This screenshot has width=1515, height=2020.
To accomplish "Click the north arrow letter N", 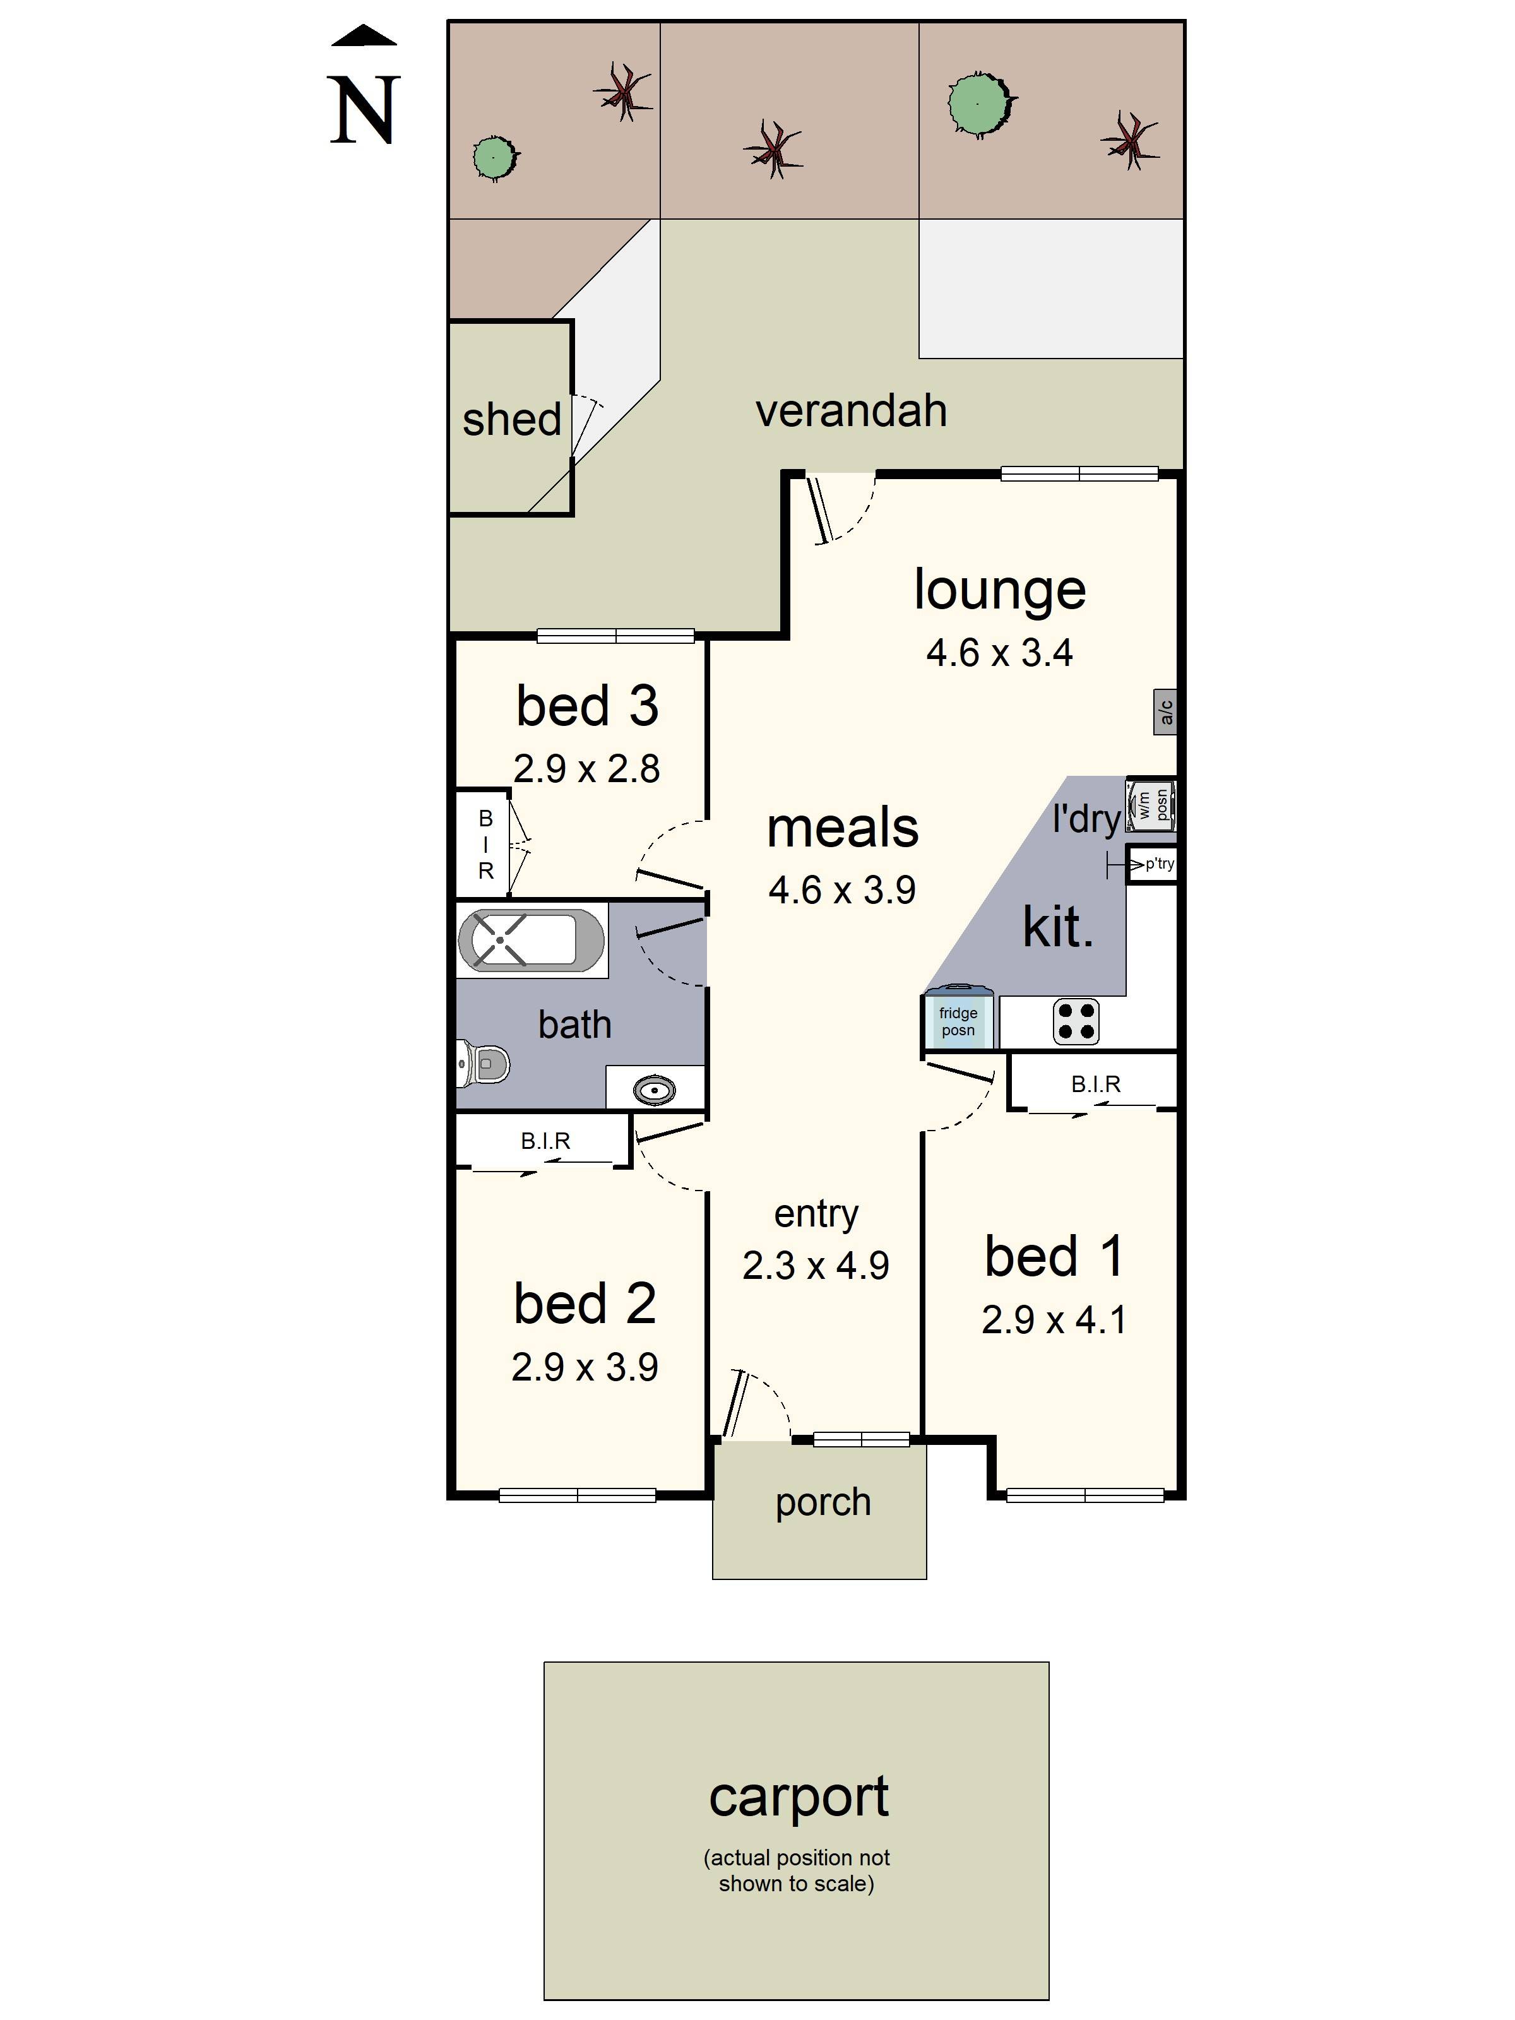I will click(x=364, y=110).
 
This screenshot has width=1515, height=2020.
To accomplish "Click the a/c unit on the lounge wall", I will click(x=1164, y=712).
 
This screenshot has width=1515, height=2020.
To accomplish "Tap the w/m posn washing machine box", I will click(x=1150, y=805).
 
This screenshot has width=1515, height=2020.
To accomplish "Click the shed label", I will click(x=511, y=420).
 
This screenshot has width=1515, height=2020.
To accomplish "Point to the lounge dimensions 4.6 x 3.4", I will click(x=999, y=653).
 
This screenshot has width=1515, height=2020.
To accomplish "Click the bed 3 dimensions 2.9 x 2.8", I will click(x=586, y=769).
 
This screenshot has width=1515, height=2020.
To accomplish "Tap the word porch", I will click(x=823, y=1502).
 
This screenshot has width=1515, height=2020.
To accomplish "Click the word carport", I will click(x=798, y=1797).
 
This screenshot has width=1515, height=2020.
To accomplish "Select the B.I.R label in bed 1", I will click(x=1095, y=1084).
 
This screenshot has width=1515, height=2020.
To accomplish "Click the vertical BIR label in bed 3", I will click(x=486, y=845).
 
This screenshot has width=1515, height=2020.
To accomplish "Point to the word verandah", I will click(x=850, y=411).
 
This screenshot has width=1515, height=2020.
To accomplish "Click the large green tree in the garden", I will click(x=980, y=103).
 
